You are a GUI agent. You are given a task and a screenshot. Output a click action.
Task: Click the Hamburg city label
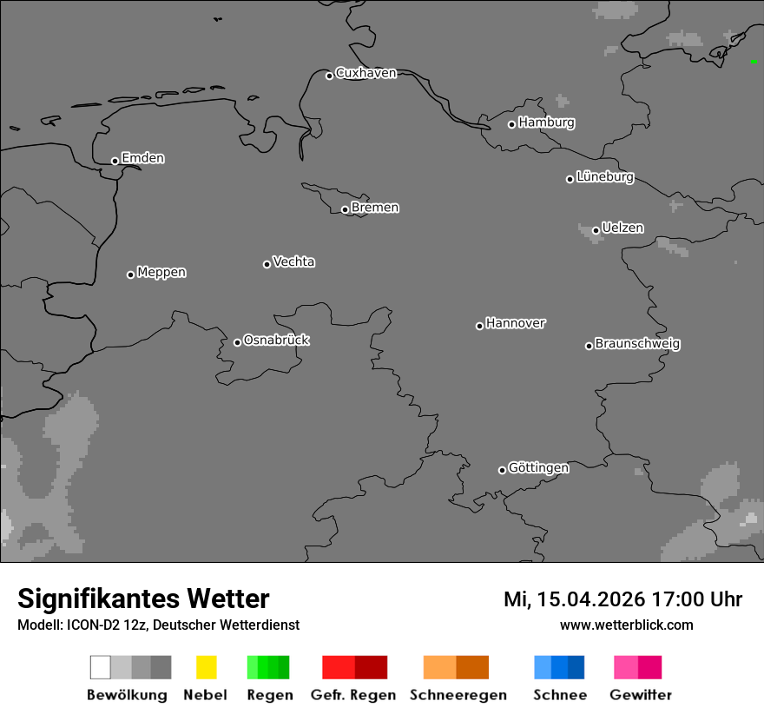click(546, 122)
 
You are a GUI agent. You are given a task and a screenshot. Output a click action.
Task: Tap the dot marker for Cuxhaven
click(329, 76)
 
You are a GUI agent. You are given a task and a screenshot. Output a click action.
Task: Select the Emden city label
click(142, 158)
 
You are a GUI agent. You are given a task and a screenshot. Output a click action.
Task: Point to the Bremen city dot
click(345, 209)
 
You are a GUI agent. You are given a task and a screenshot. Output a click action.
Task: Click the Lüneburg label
click(605, 177)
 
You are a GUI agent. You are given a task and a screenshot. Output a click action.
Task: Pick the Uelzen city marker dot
click(596, 230)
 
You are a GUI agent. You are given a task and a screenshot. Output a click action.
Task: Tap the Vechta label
click(293, 261)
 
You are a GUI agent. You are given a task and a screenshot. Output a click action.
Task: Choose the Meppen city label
click(161, 273)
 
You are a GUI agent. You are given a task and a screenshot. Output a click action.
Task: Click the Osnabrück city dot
click(237, 342)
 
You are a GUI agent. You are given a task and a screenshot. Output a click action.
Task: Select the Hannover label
click(516, 323)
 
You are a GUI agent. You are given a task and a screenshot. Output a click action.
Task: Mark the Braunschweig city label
click(637, 344)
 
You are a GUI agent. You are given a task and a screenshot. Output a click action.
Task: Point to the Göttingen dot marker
click(502, 470)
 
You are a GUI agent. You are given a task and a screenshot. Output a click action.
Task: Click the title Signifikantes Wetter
click(143, 599)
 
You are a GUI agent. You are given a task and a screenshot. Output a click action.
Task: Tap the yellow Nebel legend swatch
click(206, 667)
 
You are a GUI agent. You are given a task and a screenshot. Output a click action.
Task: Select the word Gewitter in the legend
click(641, 695)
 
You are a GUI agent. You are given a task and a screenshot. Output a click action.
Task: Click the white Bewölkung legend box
click(100, 667)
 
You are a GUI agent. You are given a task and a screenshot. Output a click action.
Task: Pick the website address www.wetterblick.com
click(626, 625)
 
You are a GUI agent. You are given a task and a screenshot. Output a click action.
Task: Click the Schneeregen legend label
click(458, 695)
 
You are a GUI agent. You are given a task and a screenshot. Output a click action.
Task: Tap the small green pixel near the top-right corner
click(753, 62)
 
